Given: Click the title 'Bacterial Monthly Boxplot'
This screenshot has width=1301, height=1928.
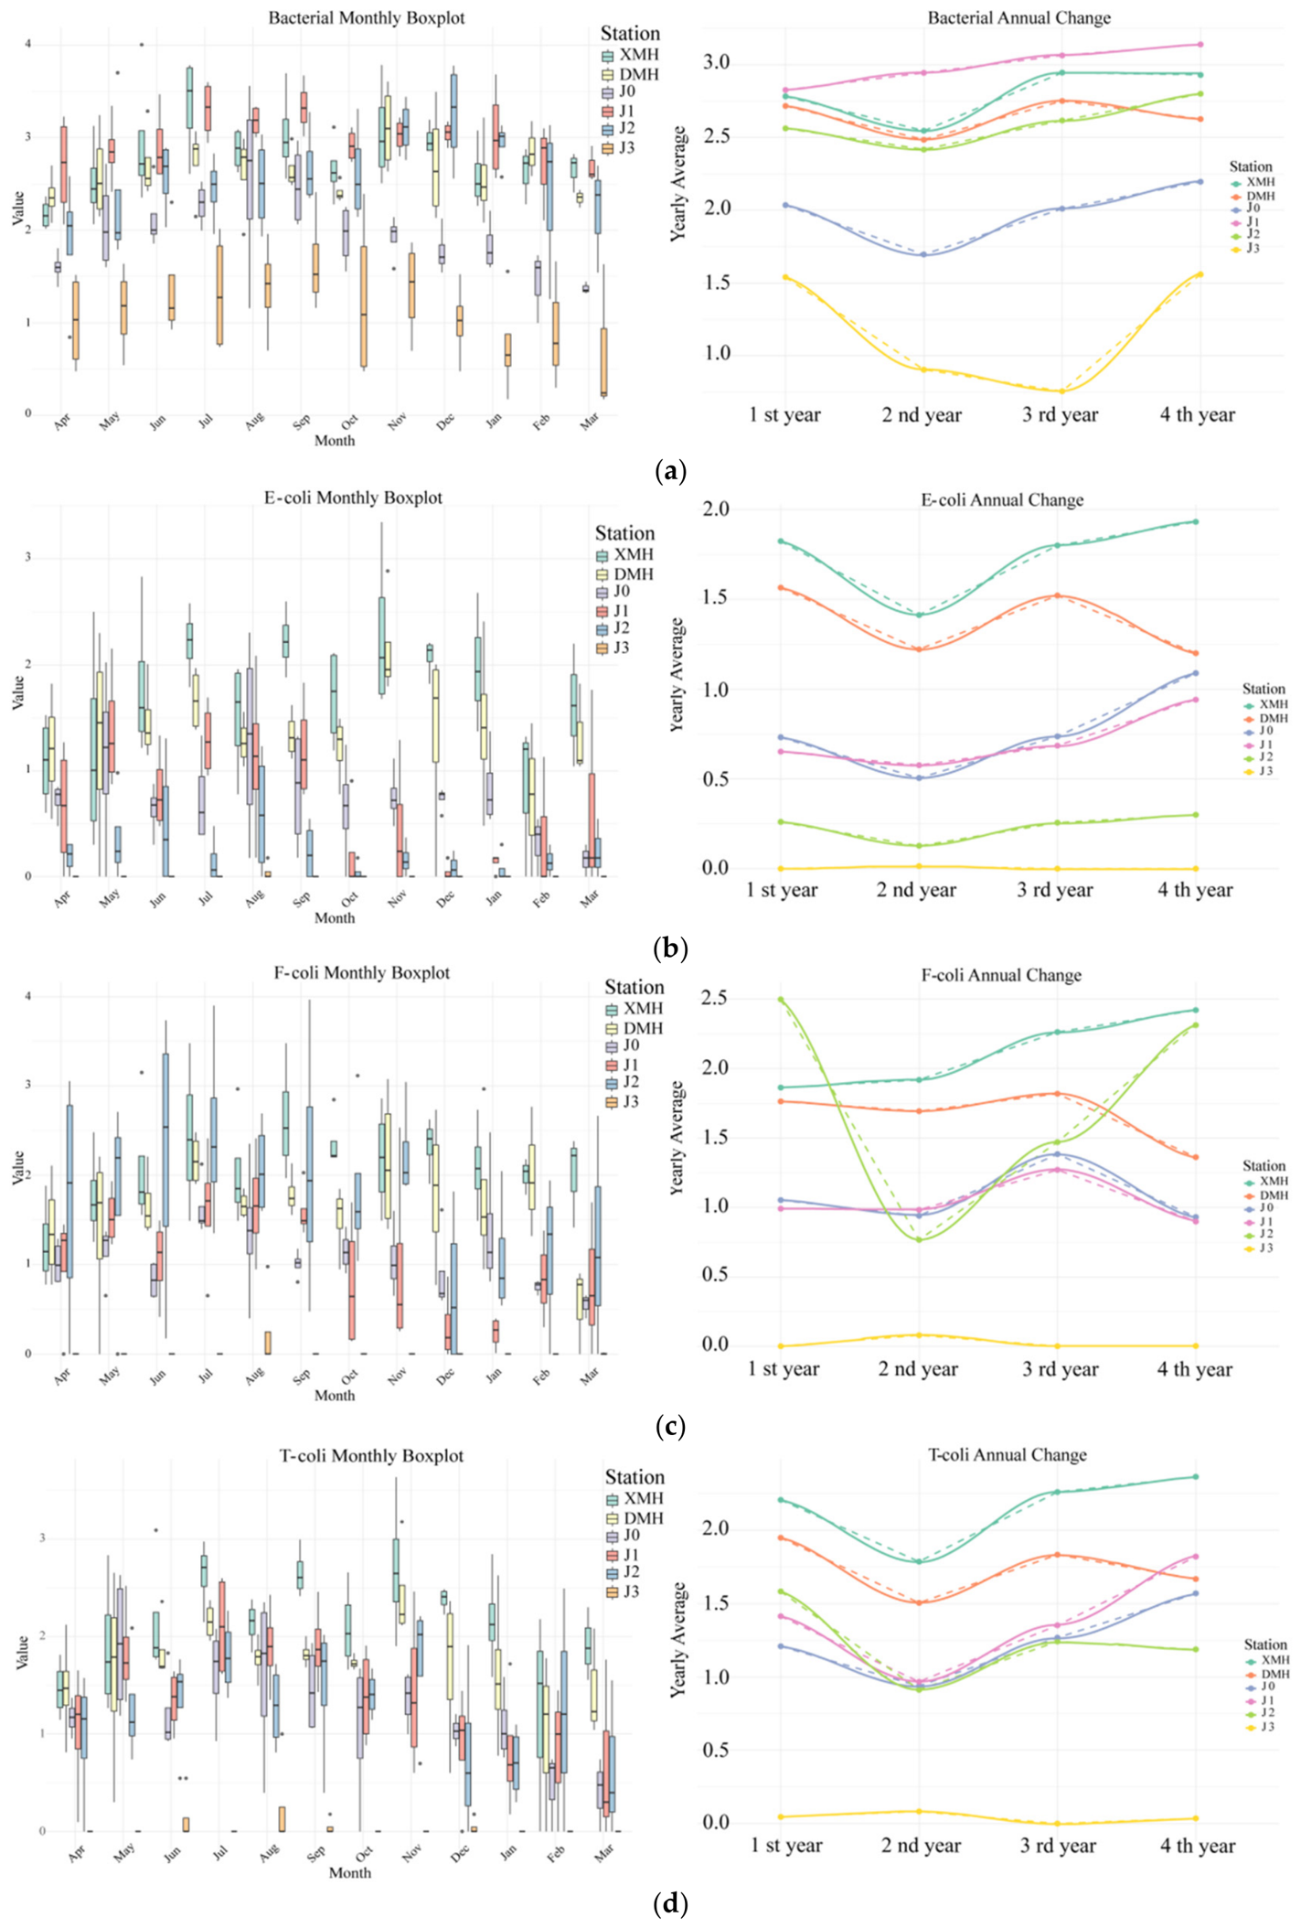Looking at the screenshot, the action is [x=367, y=18].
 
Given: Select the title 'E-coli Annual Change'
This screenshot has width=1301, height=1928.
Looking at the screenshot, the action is [x=1002, y=500].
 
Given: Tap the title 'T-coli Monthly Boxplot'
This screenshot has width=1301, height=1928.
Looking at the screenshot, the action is [x=371, y=1456].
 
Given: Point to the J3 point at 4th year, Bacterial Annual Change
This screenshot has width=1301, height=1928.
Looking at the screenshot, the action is [x=1200, y=274].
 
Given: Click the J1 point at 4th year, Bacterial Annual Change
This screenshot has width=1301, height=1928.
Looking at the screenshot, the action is [x=1200, y=44].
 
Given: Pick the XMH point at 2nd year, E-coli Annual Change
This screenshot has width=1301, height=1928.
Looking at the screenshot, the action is [x=919, y=615].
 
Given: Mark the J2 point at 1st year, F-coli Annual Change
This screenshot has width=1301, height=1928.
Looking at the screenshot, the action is [x=780, y=999].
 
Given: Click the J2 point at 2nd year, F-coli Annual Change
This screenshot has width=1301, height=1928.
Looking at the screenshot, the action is [x=919, y=1239].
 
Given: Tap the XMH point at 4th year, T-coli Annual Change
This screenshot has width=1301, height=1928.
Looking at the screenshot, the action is [x=1196, y=1476].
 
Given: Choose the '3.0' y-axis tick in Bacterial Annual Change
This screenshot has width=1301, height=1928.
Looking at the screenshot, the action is [x=716, y=62].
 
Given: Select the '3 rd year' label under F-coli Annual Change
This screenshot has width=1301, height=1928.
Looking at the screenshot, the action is [x=1060, y=1369].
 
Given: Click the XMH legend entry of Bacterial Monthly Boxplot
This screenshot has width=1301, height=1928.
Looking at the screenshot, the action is [x=629, y=55].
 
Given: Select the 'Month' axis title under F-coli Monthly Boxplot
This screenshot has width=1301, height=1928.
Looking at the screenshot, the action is [x=335, y=1396].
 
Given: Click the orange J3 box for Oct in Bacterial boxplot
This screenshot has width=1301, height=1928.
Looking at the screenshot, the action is [x=364, y=306].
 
